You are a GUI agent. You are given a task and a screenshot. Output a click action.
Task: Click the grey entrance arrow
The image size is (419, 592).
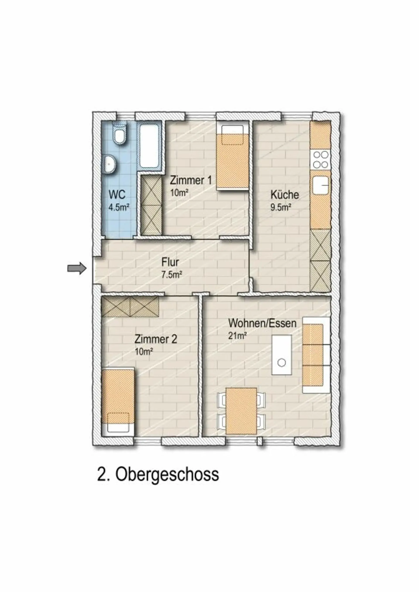coord(77,269)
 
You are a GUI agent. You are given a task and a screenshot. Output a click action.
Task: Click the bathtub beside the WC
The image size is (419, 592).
coord(149,145)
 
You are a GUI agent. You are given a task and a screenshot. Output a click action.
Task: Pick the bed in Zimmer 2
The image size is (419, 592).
coord(118,403)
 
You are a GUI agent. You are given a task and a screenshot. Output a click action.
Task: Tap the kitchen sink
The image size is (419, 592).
coord(321,185)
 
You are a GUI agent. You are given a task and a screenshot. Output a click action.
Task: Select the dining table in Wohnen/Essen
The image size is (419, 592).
coord(241,411)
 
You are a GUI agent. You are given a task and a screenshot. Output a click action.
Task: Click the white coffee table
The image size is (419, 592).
coord(282,355)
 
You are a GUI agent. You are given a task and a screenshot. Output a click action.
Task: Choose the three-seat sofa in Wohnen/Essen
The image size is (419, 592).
coord(316,355)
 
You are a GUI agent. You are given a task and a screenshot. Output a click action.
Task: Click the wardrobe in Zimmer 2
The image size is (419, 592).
coord(130,306)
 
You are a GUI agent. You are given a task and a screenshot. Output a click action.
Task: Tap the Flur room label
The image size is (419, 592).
coord(170,262)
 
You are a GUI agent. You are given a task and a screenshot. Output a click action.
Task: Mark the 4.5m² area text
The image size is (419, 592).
coord(119,207)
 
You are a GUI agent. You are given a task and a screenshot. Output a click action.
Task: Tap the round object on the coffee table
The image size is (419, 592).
coord(282,363)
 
